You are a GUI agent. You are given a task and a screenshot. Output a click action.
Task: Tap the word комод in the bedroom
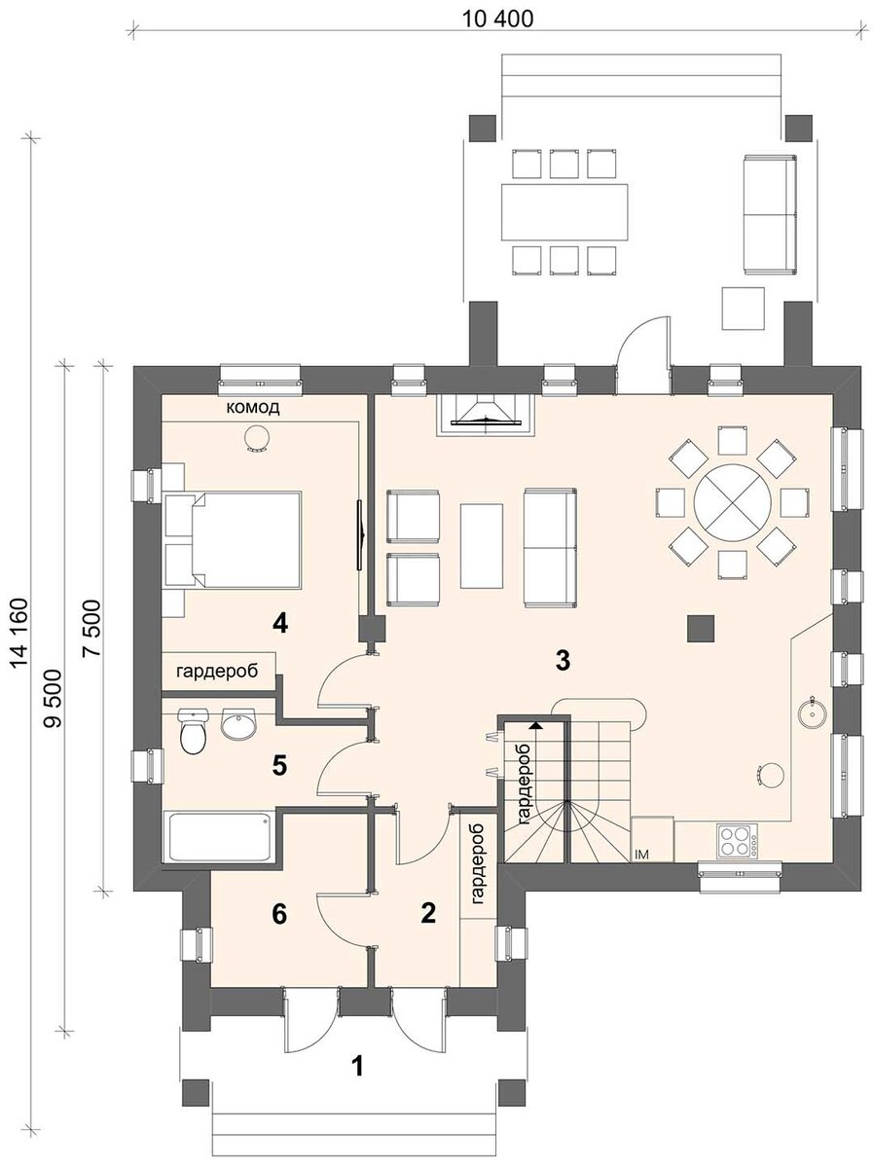(x=253, y=408)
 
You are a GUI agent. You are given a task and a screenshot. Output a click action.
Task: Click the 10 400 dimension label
(x=497, y=19)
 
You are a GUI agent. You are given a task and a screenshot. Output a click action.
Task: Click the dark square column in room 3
(x=701, y=629)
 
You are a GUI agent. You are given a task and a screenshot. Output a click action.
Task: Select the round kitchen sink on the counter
(x=812, y=711)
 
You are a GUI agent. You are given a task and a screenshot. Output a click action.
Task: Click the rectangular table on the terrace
(x=564, y=212)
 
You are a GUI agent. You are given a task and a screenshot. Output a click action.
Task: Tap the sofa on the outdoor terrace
(x=770, y=214)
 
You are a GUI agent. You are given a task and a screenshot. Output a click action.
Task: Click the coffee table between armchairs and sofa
(x=482, y=545)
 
